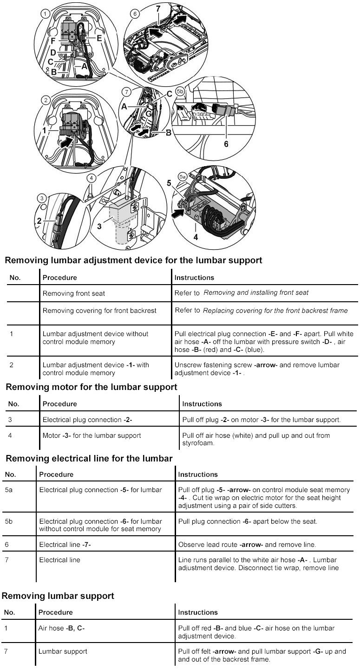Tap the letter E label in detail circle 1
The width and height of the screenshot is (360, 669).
click(99, 37)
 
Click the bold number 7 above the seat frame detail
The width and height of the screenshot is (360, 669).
click(157, 8)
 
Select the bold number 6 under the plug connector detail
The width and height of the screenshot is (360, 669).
click(226, 144)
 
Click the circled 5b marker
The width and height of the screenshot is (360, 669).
click(181, 92)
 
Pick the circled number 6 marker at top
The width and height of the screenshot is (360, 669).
click(135, 14)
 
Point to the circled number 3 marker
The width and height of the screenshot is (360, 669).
click(42, 199)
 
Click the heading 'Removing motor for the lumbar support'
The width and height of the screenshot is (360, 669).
click(91, 386)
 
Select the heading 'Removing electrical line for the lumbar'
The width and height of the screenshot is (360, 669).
click(89, 458)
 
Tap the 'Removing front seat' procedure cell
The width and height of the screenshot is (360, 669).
click(74, 293)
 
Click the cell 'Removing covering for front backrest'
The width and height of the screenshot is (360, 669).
click(99, 311)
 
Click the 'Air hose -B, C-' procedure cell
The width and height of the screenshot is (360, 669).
click(62, 628)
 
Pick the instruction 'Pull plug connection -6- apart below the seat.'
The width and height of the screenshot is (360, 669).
click(248, 521)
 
